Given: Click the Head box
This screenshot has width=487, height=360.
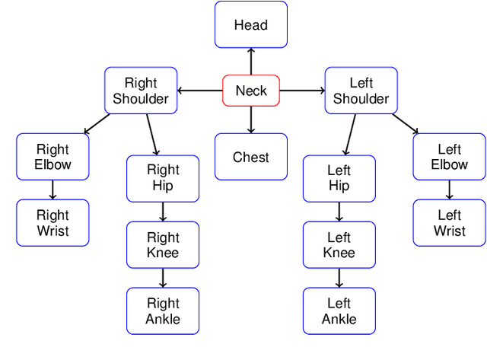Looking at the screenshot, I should click(x=251, y=24).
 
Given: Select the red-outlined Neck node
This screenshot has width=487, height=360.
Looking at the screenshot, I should click(x=251, y=91).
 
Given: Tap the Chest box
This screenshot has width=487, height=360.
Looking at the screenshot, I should click(x=251, y=157).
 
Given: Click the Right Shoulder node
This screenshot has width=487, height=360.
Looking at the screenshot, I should click(x=141, y=91).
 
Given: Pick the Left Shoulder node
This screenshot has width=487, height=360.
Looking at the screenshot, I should click(x=361, y=91).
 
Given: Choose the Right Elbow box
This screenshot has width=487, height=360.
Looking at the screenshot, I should click(x=53, y=157).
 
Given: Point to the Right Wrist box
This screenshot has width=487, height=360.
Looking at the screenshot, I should click(x=53, y=223).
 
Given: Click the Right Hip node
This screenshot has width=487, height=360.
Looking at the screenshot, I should click(x=163, y=178).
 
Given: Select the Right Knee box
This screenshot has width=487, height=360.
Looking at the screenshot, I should click(x=163, y=245).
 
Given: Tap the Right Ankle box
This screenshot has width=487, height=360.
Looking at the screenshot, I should click(x=163, y=311).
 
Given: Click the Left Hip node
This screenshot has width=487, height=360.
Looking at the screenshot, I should click(x=339, y=178).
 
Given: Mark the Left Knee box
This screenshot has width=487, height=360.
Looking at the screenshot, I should click(x=339, y=245).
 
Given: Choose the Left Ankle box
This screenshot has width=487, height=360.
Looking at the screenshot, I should click(x=339, y=311).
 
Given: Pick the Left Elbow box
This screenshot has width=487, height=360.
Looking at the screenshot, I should click(x=449, y=157).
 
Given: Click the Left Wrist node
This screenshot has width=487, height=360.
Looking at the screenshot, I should click(x=449, y=223).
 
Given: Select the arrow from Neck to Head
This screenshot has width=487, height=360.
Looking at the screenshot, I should click(x=251, y=62).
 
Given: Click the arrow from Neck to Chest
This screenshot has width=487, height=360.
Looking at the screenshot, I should click(x=251, y=120).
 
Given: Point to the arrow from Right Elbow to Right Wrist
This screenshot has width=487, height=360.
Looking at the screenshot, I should click(x=53, y=190).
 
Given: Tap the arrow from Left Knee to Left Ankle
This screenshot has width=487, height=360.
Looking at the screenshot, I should click(x=339, y=278).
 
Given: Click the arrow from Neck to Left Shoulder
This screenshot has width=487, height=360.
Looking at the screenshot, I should click(x=302, y=91).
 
